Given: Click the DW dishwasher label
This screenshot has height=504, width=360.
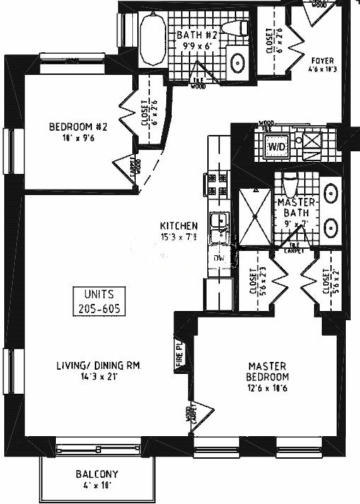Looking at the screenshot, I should click(x=219, y=259).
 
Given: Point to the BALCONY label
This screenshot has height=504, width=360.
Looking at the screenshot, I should click(x=97, y=474).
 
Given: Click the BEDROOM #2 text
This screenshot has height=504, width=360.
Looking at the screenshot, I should click(x=78, y=127).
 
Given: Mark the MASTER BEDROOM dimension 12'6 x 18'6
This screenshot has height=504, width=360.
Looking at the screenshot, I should click(x=267, y=387).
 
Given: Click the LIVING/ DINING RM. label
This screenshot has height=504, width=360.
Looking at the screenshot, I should click(x=100, y=365).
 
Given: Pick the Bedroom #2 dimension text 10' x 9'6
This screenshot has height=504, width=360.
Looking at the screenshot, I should click(x=78, y=139).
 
